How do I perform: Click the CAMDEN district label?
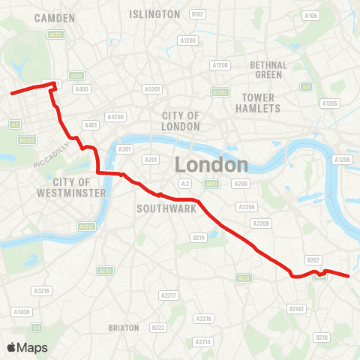click(54, 16)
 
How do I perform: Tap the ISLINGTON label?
click(154, 14)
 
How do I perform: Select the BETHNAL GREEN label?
click(268, 70)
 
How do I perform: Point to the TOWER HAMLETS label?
click(260, 103)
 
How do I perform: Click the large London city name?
click(211, 165)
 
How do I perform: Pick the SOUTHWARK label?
click(166, 209)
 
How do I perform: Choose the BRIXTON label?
click(124, 328)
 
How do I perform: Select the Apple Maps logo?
click(27, 347)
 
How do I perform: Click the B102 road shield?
click(197, 14)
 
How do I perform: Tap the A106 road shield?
click(310, 15)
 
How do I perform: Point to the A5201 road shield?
click(152, 89)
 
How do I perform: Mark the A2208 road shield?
click(261, 223)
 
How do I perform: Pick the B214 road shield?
click(199, 238)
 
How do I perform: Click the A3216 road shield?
click(40, 290)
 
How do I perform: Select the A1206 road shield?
click(342, 160)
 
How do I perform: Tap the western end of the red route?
click(11, 94)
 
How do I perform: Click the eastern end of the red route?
click(349, 276)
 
